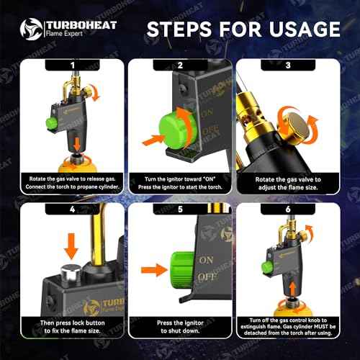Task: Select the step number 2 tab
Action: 180,65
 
